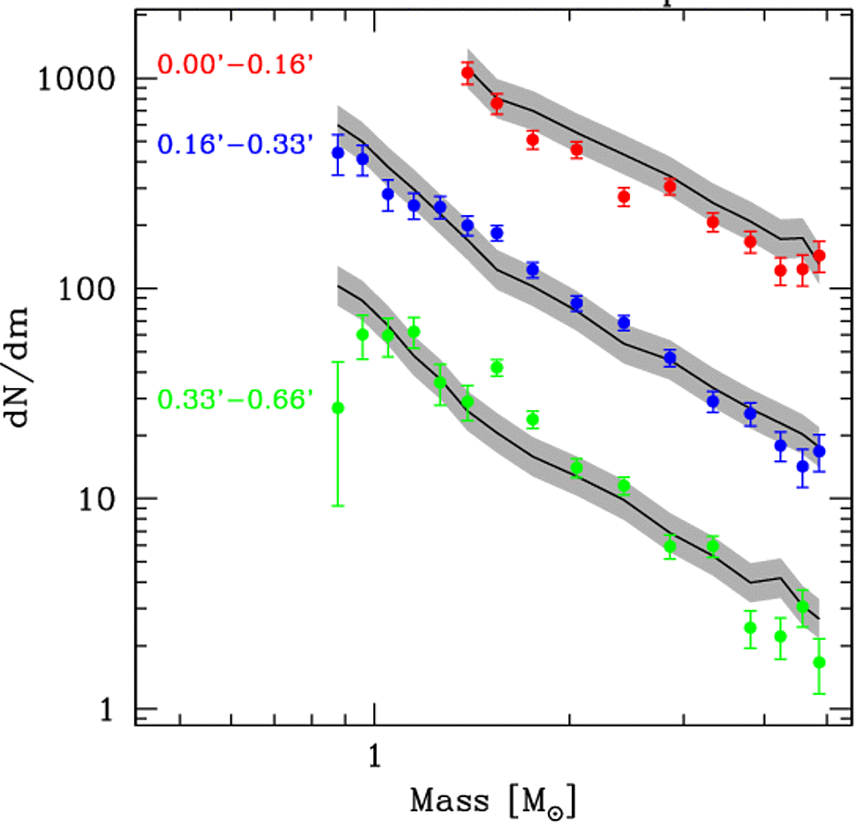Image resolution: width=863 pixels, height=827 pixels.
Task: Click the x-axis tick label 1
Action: click(x=373, y=755)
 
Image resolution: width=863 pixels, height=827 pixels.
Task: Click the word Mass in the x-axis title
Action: click(x=447, y=801)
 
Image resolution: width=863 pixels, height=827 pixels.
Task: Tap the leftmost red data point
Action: click(x=469, y=73)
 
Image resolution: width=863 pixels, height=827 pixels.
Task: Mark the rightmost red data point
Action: click(x=819, y=256)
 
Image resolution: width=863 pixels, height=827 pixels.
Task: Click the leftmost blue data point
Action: click(x=337, y=153)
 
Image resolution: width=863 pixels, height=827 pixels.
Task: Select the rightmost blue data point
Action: click(x=819, y=451)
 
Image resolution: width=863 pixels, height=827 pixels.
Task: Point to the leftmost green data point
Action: click(x=337, y=407)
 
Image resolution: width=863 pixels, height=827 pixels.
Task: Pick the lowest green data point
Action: click(x=819, y=662)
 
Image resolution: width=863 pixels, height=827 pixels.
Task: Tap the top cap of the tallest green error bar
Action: click(x=337, y=361)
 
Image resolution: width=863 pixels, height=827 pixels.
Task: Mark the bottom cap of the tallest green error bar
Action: click(x=337, y=505)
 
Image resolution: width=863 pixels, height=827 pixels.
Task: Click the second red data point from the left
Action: click(x=497, y=103)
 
